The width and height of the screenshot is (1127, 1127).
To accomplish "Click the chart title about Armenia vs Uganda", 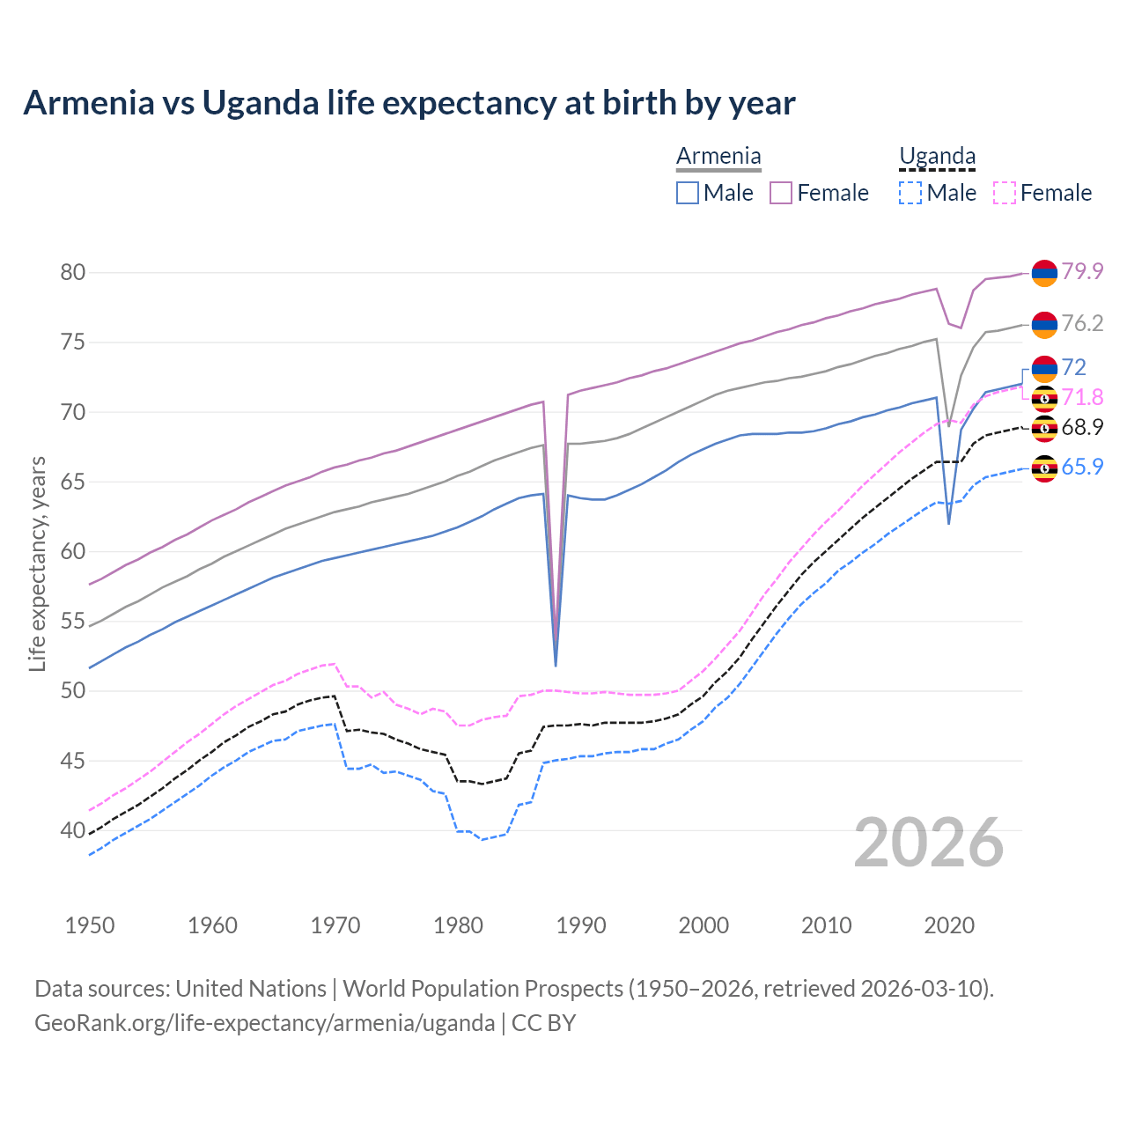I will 409,103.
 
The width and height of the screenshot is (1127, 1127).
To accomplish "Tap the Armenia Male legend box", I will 688,193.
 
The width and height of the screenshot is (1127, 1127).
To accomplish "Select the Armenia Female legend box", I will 781,193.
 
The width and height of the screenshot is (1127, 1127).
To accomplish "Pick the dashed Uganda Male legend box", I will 910,193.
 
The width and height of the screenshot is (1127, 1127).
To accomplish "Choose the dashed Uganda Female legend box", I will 1005,193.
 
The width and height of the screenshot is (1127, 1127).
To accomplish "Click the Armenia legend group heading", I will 718,157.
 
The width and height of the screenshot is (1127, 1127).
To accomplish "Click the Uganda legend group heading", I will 937,157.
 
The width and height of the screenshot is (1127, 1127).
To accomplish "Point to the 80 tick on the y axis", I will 72,272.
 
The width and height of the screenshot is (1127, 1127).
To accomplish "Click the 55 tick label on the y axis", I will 72,621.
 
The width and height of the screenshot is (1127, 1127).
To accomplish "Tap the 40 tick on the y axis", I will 72,830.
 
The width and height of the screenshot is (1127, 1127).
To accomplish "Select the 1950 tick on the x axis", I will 90,925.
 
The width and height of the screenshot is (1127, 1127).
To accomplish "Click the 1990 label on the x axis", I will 581,925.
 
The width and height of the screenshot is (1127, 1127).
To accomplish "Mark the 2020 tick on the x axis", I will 949,925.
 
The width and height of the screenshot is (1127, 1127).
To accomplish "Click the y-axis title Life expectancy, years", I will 37,563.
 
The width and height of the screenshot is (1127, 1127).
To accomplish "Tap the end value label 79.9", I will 1082,271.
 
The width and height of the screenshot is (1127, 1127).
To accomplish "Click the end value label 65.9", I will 1082,467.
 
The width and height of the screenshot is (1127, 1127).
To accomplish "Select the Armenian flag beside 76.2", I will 1044,325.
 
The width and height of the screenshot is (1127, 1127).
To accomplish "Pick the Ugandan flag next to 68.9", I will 1044,429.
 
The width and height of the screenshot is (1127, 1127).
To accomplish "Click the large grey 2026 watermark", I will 929,843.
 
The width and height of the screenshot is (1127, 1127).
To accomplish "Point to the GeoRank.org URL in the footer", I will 264,1023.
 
